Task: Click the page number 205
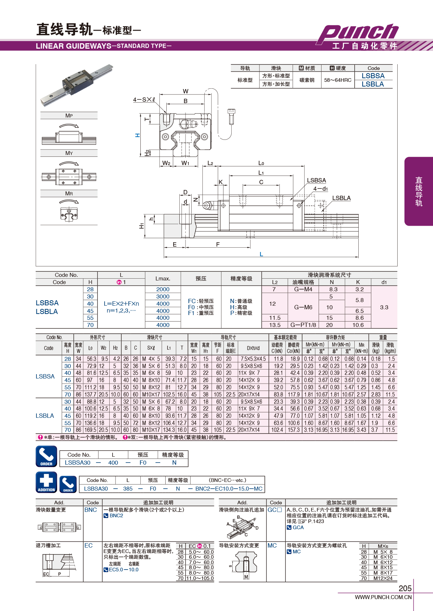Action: (x=405, y=588)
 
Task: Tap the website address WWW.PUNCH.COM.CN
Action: (x=383, y=597)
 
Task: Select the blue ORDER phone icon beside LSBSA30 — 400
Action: (x=47, y=456)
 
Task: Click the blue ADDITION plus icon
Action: (x=47, y=482)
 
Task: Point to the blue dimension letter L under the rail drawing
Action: (x=261, y=254)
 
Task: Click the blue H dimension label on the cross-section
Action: (x=137, y=135)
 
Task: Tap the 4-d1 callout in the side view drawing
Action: (x=320, y=189)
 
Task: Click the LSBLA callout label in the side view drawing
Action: (x=341, y=198)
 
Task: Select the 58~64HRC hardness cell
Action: (x=338, y=80)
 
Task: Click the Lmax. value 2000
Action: (x=163, y=289)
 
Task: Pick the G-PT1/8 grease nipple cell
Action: (x=303, y=325)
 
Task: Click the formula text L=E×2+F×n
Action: (x=121, y=304)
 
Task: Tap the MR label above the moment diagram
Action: (x=69, y=193)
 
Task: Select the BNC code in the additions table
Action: (x=91, y=510)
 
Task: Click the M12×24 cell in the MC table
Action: (x=383, y=578)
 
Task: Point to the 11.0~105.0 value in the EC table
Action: (x=200, y=578)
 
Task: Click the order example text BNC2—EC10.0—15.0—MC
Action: (x=229, y=488)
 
